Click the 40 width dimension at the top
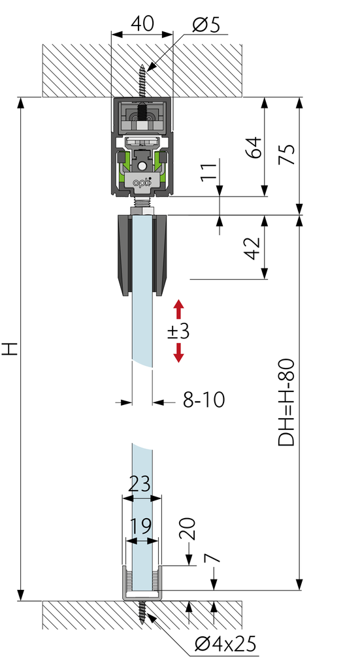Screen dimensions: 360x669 pyautogui.click(x=142, y=24)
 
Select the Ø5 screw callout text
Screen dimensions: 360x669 pyautogui.click(x=206, y=25)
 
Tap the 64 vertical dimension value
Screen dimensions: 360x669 pyautogui.click(x=254, y=148)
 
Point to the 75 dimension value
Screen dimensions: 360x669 pyautogui.click(x=286, y=154)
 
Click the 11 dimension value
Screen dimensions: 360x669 pyautogui.click(x=209, y=172)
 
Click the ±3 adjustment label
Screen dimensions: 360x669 pyautogui.click(x=178, y=331)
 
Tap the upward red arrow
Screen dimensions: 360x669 pyautogui.click(x=178, y=309)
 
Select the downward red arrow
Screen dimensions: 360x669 pyautogui.click(x=178, y=353)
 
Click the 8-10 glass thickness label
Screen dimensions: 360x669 pyautogui.click(x=203, y=400)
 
